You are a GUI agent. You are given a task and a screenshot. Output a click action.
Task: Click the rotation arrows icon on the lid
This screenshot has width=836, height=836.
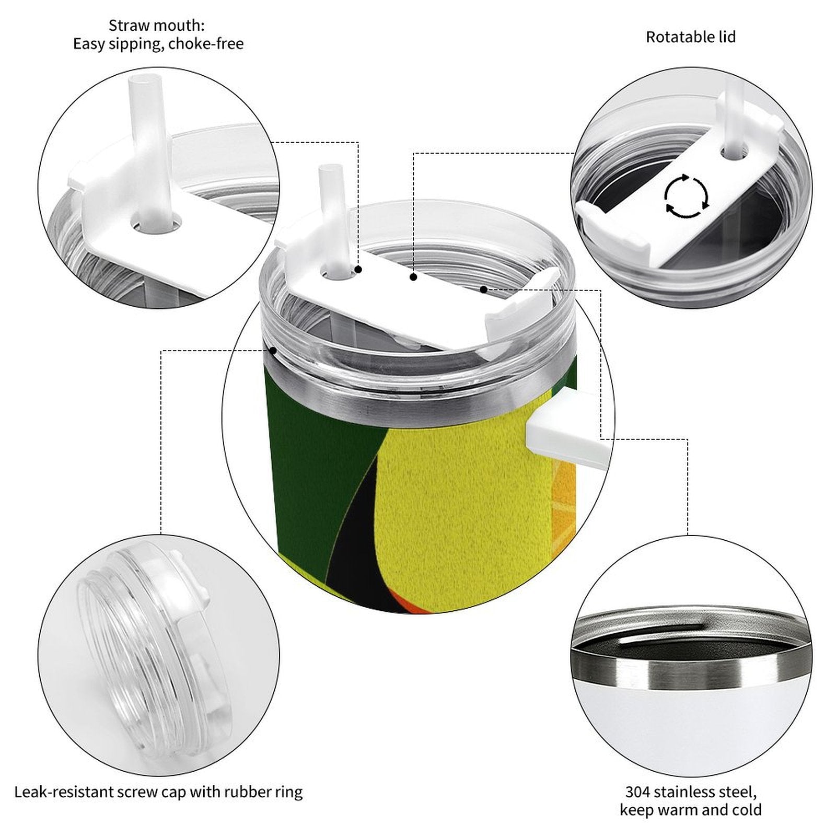tap(686, 196)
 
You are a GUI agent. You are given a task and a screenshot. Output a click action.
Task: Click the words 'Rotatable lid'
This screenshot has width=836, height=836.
tap(690, 37)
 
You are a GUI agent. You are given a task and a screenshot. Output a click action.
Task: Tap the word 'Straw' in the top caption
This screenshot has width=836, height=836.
tap(127, 25)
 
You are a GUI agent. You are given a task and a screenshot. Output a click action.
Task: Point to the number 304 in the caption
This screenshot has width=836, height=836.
tap(638, 792)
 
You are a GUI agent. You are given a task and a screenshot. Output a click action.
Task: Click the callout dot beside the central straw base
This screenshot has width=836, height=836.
tap(358, 270)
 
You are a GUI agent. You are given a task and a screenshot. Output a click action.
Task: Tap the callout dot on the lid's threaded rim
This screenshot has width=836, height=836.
tap(272, 350)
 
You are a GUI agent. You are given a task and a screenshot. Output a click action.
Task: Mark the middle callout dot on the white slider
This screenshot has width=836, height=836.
tap(413, 277)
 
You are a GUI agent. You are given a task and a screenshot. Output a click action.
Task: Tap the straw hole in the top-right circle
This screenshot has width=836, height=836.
tap(734, 152)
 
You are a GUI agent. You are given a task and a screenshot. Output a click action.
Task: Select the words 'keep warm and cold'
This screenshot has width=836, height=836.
tap(690, 810)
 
